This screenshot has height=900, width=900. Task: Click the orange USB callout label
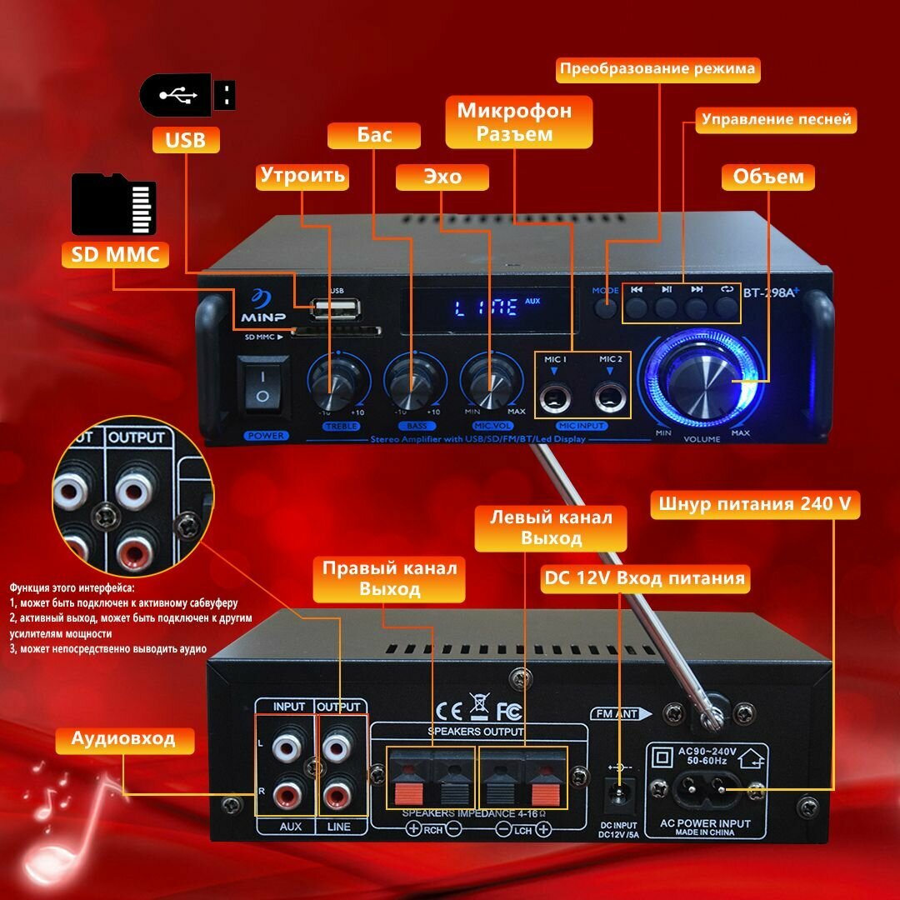coord(185,139)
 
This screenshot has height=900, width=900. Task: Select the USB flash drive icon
coord(187,96)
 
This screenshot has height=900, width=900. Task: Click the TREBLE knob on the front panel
coord(337,383)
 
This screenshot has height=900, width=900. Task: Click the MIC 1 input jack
coord(554,396)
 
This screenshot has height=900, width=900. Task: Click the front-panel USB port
coord(334,309)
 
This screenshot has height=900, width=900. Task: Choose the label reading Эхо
coord(429,177)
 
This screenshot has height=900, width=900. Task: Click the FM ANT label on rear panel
coord(615,714)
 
